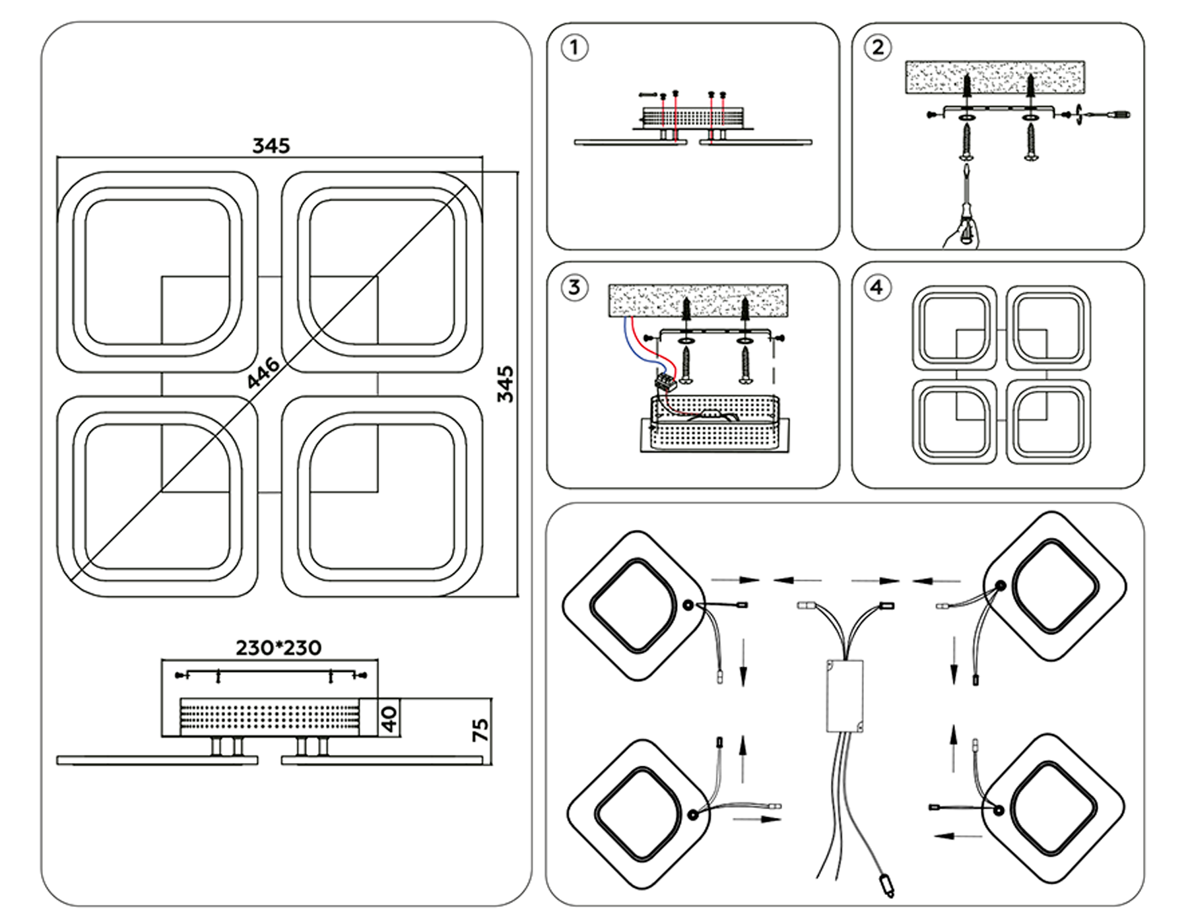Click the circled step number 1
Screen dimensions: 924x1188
coord(574,48)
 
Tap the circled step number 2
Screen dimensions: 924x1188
coord(878,48)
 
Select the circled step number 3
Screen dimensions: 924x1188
coord(574,287)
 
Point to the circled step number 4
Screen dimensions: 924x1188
coord(876,287)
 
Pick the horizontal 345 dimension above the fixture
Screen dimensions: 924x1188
coord(271,146)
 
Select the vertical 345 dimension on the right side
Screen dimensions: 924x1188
coord(505,384)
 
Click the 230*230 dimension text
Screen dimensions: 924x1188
coord(279,648)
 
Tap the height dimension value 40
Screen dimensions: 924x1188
coord(389,718)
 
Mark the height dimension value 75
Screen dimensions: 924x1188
coord(481,730)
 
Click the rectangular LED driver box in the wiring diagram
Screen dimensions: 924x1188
coord(844,696)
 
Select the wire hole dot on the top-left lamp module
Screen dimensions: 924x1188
coord(688,604)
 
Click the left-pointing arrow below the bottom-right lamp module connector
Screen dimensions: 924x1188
coord(957,836)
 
